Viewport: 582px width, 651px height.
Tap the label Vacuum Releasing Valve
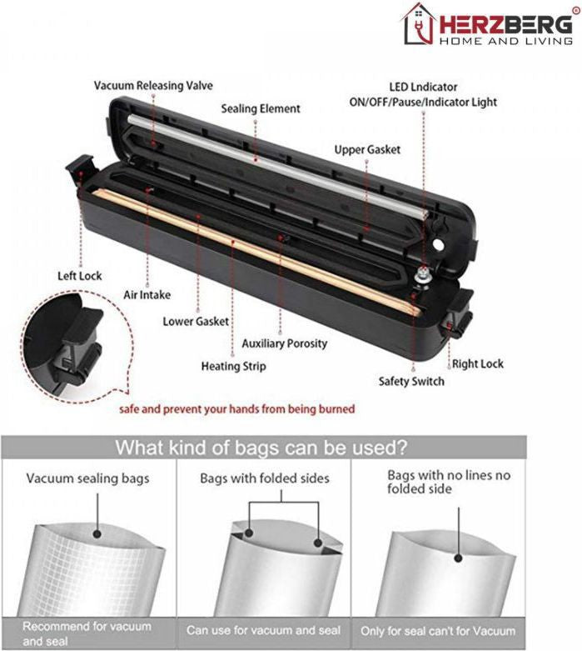tap(153, 86)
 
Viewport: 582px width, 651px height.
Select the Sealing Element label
tap(261, 108)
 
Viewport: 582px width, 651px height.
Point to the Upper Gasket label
tap(367, 150)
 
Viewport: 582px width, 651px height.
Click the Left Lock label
tap(80, 276)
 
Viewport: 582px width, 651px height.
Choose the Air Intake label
tap(147, 295)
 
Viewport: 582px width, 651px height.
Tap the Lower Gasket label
tap(196, 322)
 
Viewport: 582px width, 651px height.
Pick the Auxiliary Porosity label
tap(285, 343)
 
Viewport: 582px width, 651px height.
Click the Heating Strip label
tap(233, 366)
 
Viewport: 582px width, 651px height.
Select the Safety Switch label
tap(411, 381)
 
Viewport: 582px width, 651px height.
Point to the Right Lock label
tap(477, 364)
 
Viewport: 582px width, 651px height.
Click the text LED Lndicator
tap(423, 88)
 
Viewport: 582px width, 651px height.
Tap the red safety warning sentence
tap(236, 409)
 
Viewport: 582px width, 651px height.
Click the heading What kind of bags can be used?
tap(261, 448)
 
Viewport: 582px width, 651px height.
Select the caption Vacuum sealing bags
tap(87, 478)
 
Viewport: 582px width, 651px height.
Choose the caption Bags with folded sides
tap(265, 478)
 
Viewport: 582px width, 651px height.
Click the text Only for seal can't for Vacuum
tap(438, 631)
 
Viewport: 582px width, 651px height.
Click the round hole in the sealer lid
tap(438, 244)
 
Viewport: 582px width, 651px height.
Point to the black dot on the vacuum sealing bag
tap(98, 534)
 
